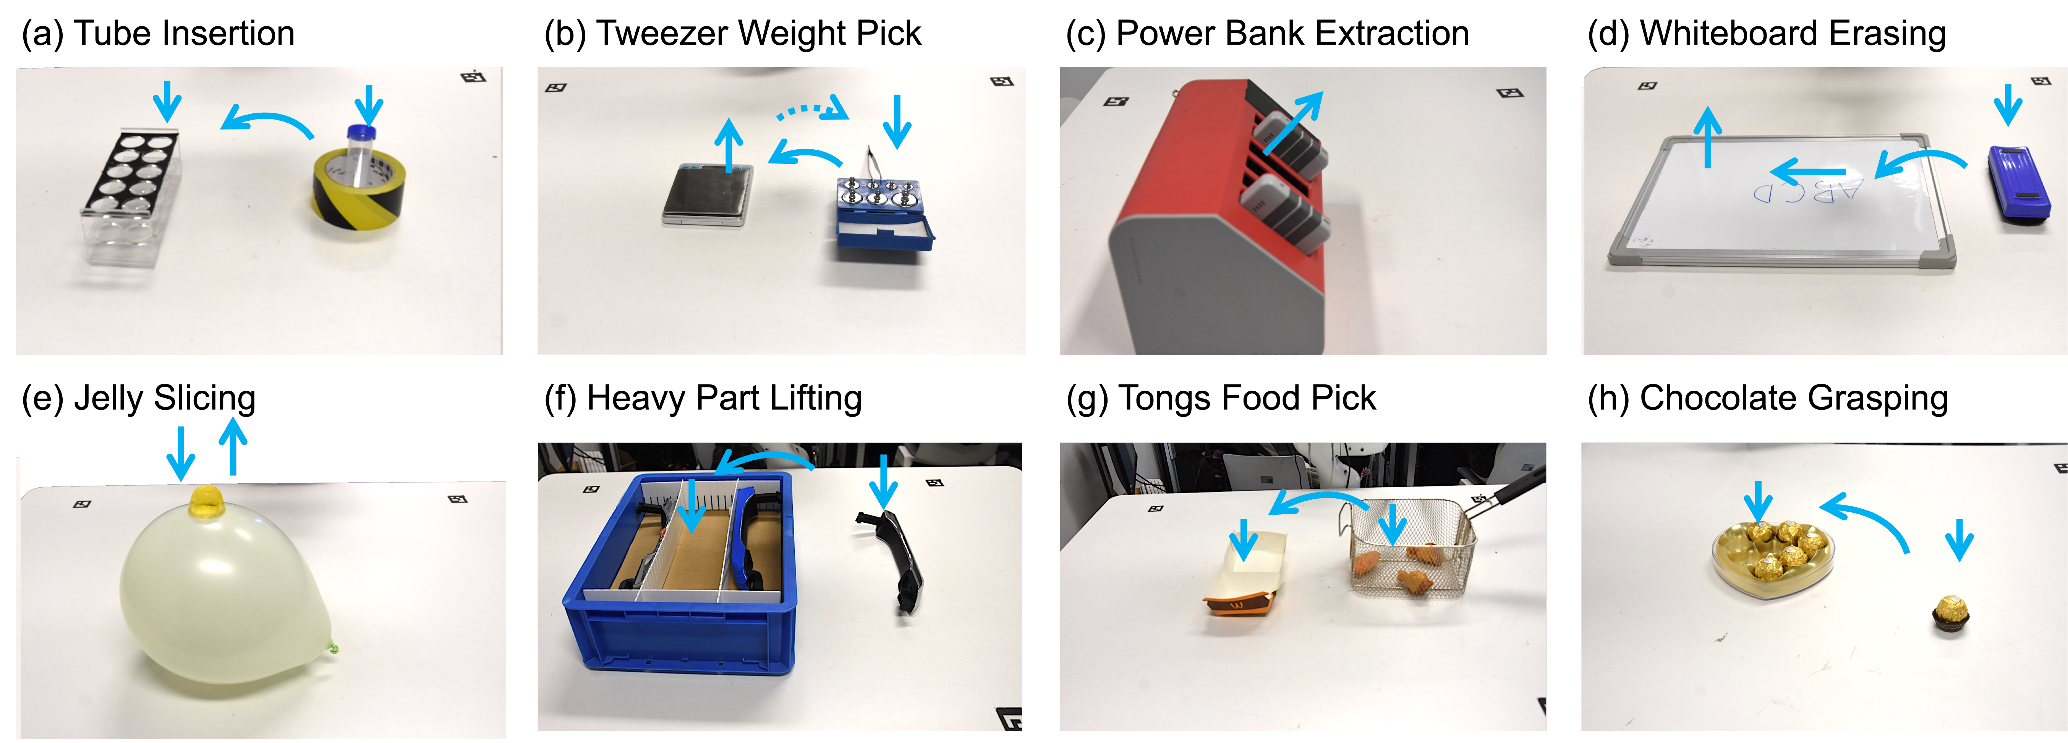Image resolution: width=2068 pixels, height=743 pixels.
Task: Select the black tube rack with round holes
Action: click(130, 173)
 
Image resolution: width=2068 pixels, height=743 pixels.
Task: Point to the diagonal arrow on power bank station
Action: click(1292, 122)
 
